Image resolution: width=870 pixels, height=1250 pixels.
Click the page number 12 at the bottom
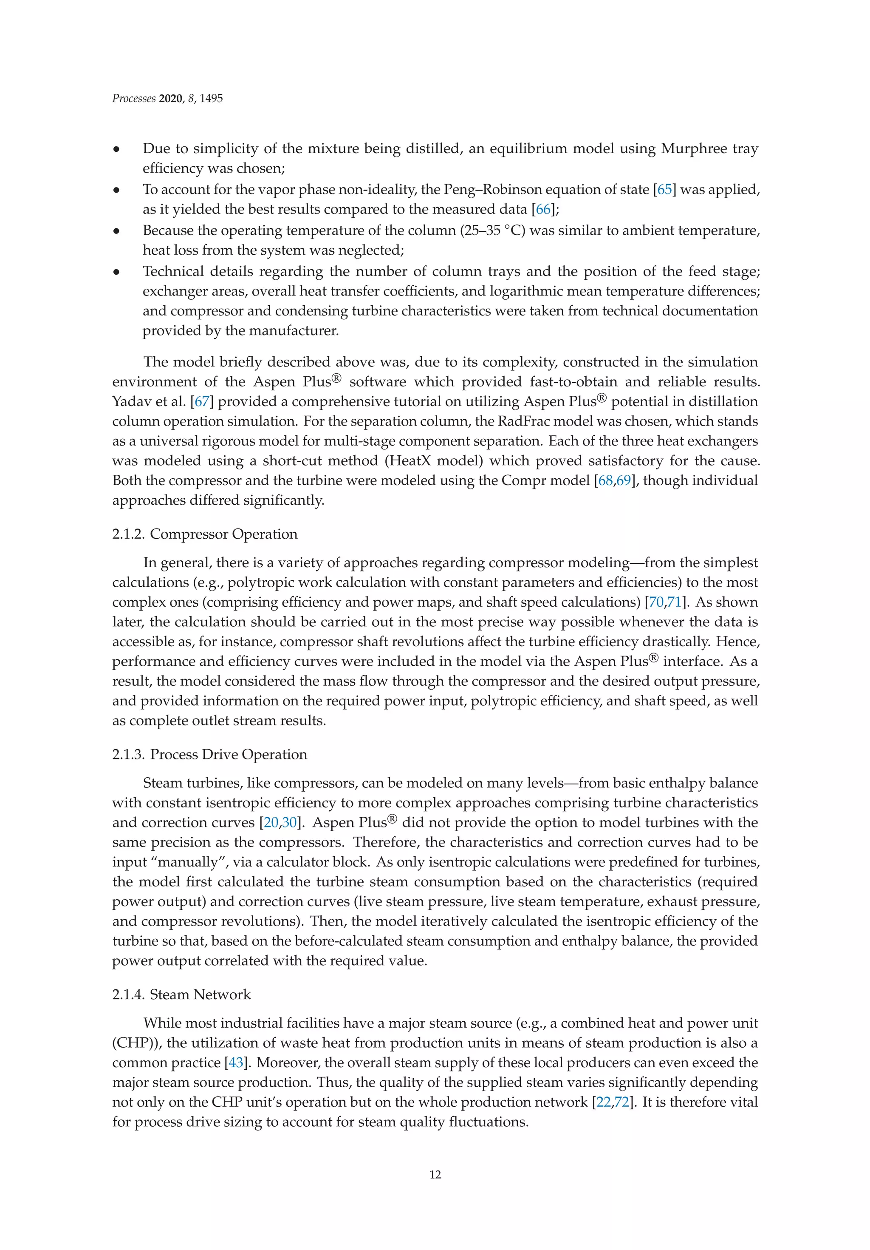[435, 1174]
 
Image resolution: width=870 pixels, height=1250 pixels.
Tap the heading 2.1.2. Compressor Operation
[205, 534]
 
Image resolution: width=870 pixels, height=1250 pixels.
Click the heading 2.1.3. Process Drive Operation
[209, 755]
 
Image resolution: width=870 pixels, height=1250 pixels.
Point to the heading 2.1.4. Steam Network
[181, 994]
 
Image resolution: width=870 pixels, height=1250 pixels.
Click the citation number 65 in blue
[664, 190]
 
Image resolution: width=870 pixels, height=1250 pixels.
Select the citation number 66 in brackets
[543, 210]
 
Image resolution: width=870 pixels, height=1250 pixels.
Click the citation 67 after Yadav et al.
[201, 402]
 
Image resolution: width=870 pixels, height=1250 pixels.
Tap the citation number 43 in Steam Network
[236, 1063]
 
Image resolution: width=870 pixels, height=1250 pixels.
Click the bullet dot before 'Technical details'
[116, 272]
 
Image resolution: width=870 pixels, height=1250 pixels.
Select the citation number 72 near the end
[621, 1102]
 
